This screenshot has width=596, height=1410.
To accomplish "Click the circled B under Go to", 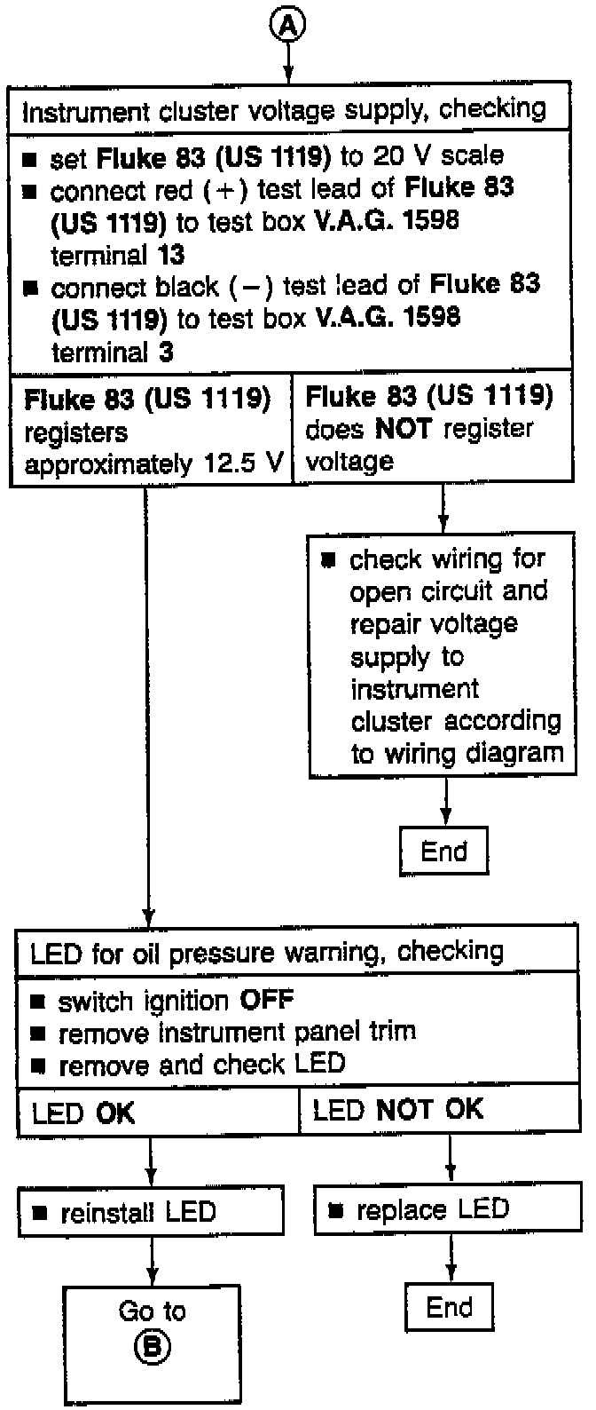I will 152,1347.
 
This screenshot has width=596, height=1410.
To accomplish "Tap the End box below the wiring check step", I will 443,852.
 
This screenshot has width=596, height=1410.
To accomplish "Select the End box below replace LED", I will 449,1307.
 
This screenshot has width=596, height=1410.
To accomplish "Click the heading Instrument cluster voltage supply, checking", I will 284,111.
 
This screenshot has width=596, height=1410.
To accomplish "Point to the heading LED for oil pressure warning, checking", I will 267,953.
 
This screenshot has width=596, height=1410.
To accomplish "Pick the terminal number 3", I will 167,352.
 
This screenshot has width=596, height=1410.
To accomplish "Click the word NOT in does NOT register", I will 403,430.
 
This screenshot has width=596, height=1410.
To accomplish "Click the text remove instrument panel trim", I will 237,1033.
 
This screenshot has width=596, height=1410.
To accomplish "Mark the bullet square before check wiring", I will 329,560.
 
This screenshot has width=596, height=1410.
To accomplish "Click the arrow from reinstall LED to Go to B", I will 152,1260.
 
